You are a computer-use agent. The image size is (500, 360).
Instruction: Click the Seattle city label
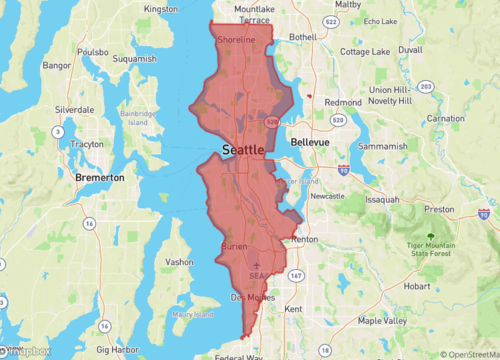click(x=243, y=149)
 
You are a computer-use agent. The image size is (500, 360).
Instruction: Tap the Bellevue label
click(x=309, y=143)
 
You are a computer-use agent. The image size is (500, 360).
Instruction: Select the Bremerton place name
click(x=100, y=177)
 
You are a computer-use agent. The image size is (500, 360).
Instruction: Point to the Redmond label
click(x=343, y=102)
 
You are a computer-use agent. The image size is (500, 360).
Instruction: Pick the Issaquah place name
click(x=382, y=199)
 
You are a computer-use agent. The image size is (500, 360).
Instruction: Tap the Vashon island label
click(x=179, y=261)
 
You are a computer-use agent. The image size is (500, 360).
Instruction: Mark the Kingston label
click(x=161, y=9)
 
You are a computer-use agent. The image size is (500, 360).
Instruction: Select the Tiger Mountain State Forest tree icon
click(x=430, y=237)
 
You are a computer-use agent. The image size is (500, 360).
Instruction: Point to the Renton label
click(x=304, y=241)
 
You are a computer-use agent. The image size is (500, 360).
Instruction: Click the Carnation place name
click(x=445, y=118)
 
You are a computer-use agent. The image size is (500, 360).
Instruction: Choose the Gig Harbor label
click(x=117, y=351)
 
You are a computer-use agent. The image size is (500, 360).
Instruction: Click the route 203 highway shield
click(x=426, y=87)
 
